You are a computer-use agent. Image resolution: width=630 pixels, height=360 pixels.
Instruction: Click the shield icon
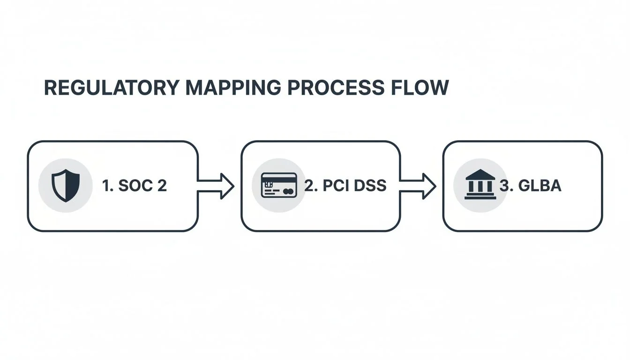coord(66,186)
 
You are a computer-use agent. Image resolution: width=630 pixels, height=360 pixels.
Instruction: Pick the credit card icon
coord(278,185)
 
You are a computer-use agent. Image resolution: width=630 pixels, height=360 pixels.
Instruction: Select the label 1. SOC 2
coord(134,186)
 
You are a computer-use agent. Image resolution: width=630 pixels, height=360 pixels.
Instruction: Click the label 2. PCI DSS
coord(345,186)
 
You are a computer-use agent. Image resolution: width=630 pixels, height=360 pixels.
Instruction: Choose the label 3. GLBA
coord(530,186)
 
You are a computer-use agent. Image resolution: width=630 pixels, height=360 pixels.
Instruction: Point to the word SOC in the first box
coord(135,186)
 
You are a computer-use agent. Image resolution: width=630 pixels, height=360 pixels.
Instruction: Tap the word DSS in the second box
coord(370,186)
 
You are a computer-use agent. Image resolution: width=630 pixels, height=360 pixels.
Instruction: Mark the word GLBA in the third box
coord(539,186)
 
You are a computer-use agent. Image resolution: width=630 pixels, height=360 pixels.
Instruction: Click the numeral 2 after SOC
coord(162,186)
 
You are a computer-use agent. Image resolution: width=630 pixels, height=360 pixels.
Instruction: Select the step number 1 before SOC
coord(106,186)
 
